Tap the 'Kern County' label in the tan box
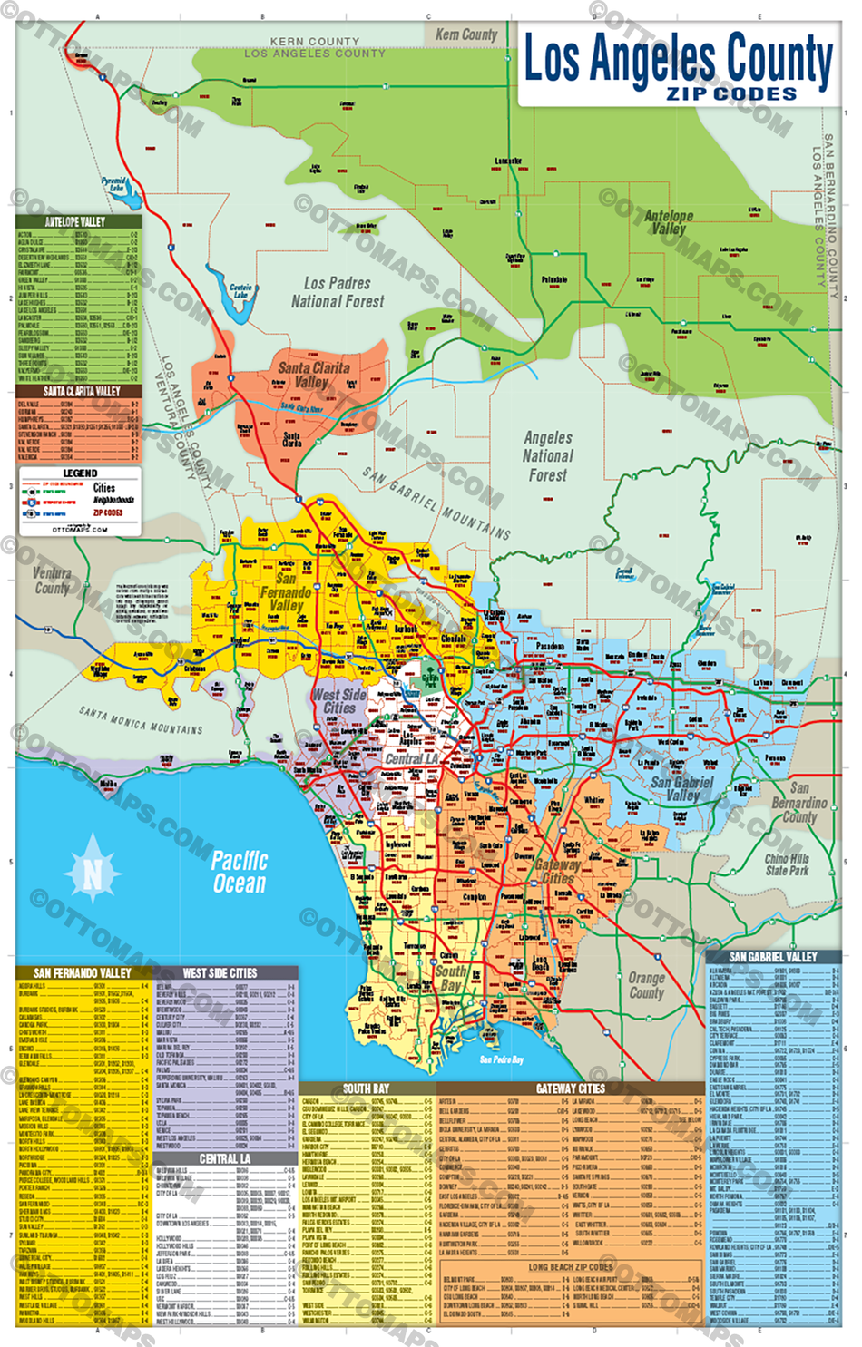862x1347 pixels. [x=466, y=34]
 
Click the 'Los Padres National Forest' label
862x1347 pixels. [x=338, y=292]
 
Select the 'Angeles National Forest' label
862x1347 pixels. [x=548, y=456]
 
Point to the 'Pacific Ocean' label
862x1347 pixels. [x=240, y=872]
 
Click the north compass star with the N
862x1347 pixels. [x=93, y=874]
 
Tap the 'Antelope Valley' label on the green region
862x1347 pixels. [x=669, y=222]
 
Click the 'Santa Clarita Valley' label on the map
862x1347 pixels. [x=313, y=375]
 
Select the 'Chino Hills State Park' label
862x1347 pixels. [x=787, y=864]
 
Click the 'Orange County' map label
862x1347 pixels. [x=646, y=985]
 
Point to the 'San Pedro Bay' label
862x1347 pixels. [x=501, y=1059]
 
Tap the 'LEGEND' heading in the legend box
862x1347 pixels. [x=80, y=473]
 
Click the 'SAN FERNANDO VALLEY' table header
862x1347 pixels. [x=82, y=973]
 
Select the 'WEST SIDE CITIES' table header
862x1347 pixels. [x=220, y=973]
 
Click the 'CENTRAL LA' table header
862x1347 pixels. [x=224, y=1158]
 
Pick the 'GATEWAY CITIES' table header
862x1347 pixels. [x=570, y=1088]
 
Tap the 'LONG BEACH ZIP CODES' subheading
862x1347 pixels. [x=570, y=1266]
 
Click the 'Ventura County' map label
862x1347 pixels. [x=52, y=581]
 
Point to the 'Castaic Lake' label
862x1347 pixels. [x=240, y=290]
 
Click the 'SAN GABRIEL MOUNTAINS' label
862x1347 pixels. [x=436, y=503]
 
